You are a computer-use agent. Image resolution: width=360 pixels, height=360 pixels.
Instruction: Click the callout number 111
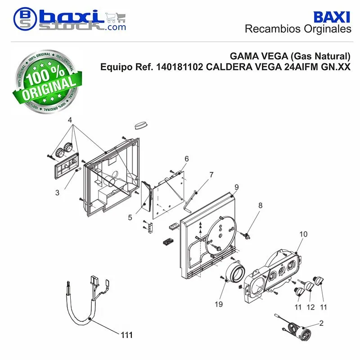(126, 335)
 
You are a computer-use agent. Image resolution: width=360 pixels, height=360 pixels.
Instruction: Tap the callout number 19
(219, 304)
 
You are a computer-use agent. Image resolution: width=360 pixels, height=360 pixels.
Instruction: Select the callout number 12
(310, 307)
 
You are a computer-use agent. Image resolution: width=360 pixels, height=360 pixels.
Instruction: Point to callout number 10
(303, 234)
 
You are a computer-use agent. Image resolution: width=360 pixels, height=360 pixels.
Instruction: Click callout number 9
(237, 187)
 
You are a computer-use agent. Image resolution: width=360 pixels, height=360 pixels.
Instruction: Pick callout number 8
(260, 205)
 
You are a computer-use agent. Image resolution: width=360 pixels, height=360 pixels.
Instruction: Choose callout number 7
(211, 175)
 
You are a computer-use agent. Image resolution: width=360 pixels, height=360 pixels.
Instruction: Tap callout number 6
(187, 159)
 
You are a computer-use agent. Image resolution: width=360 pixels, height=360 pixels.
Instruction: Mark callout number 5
(130, 217)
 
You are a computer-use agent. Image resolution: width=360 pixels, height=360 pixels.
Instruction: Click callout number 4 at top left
(70, 120)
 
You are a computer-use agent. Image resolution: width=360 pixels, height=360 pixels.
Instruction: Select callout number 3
(57, 193)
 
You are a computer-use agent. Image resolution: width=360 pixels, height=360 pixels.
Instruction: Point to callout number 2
(321, 323)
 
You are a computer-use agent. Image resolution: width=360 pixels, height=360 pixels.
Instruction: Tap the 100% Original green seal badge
(47, 81)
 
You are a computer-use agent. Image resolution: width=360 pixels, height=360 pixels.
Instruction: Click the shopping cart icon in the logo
(116, 18)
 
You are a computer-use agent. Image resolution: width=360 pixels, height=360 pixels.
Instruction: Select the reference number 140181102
(179, 67)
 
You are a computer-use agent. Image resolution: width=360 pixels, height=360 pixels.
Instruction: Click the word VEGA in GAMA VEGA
(273, 56)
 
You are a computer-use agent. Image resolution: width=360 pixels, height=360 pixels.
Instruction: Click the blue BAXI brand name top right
(332, 17)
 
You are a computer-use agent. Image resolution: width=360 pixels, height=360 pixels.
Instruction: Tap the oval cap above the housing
(141, 126)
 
